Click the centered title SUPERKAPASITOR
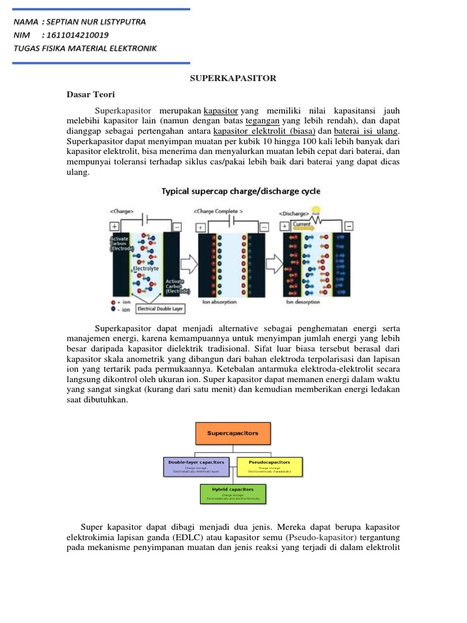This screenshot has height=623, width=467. tap(233, 78)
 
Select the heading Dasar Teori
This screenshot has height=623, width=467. tap(90, 95)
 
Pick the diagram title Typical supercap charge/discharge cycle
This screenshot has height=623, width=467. tap(240, 191)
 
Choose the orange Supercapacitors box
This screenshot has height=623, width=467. tap(233, 433)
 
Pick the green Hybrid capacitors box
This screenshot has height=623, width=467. tap(233, 493)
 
